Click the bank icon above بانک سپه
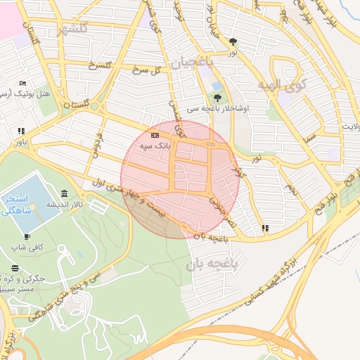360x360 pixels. click(155, 135)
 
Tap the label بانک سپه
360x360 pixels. click(155, 145)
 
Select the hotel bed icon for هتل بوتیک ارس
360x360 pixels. click(23, 84)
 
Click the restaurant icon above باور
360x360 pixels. click(21, 131)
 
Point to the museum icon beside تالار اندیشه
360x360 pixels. click(65, 193)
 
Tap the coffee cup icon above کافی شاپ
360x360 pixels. click(27, 237)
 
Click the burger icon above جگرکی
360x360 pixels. click(15, 269)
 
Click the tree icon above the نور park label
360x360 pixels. click(233, 42)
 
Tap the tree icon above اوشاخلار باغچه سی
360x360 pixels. click(217, 98)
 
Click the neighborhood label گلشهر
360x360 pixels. click(74, 29)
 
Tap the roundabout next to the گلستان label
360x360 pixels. click(94, 108)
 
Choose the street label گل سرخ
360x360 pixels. click(148, 70)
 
